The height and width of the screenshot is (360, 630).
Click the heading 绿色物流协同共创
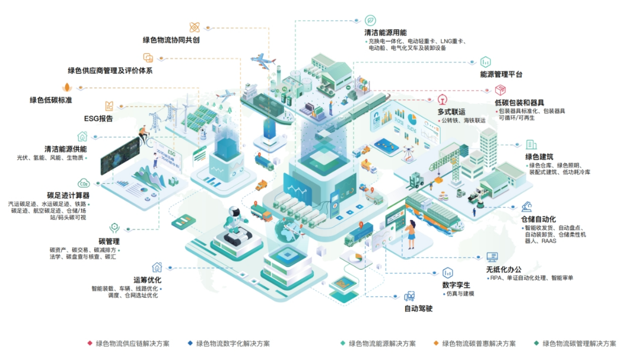[171, 40]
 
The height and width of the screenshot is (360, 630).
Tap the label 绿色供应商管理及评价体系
[110, 71]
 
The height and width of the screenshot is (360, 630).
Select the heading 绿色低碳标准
[51, 100]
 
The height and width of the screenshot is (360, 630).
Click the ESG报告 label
[98, 119]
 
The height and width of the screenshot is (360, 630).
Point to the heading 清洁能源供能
[65, 148]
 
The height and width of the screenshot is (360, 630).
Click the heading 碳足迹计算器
[68, 195]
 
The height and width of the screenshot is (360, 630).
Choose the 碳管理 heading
[109, 241]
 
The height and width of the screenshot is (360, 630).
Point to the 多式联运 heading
[452, 111]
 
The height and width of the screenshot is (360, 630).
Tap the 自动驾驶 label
[418, 308]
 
